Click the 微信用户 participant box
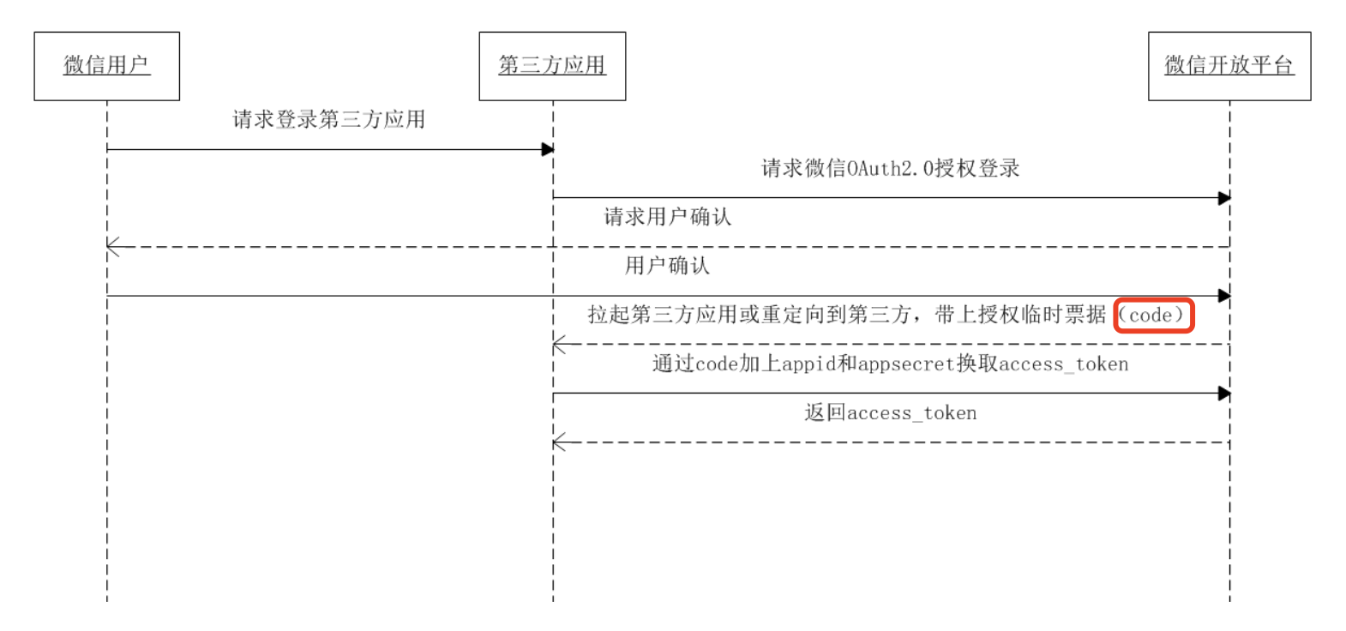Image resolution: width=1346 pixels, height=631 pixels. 106,66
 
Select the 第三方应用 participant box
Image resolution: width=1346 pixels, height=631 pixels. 552,66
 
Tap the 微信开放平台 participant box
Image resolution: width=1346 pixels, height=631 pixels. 1229,66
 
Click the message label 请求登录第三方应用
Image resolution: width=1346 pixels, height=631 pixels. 329,119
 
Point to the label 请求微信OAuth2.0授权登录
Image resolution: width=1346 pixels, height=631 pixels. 891,168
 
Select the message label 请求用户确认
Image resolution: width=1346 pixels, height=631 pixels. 668,217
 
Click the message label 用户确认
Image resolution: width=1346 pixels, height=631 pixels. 667,266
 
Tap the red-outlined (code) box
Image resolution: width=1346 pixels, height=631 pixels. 1153,315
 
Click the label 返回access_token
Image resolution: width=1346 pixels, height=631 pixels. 891,413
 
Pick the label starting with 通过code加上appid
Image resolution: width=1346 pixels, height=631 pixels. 890,364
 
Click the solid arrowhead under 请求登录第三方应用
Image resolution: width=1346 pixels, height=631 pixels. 548,150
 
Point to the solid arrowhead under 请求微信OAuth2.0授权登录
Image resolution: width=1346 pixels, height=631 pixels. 1224,198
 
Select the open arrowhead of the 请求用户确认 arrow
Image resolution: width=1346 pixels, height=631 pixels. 113,247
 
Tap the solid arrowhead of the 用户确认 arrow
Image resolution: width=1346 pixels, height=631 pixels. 1224,296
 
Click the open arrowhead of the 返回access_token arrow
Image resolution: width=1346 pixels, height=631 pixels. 559,442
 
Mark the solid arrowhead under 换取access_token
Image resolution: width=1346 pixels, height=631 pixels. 1224,394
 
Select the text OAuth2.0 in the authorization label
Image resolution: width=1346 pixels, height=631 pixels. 890,168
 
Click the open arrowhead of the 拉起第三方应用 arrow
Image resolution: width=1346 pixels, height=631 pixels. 559,345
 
